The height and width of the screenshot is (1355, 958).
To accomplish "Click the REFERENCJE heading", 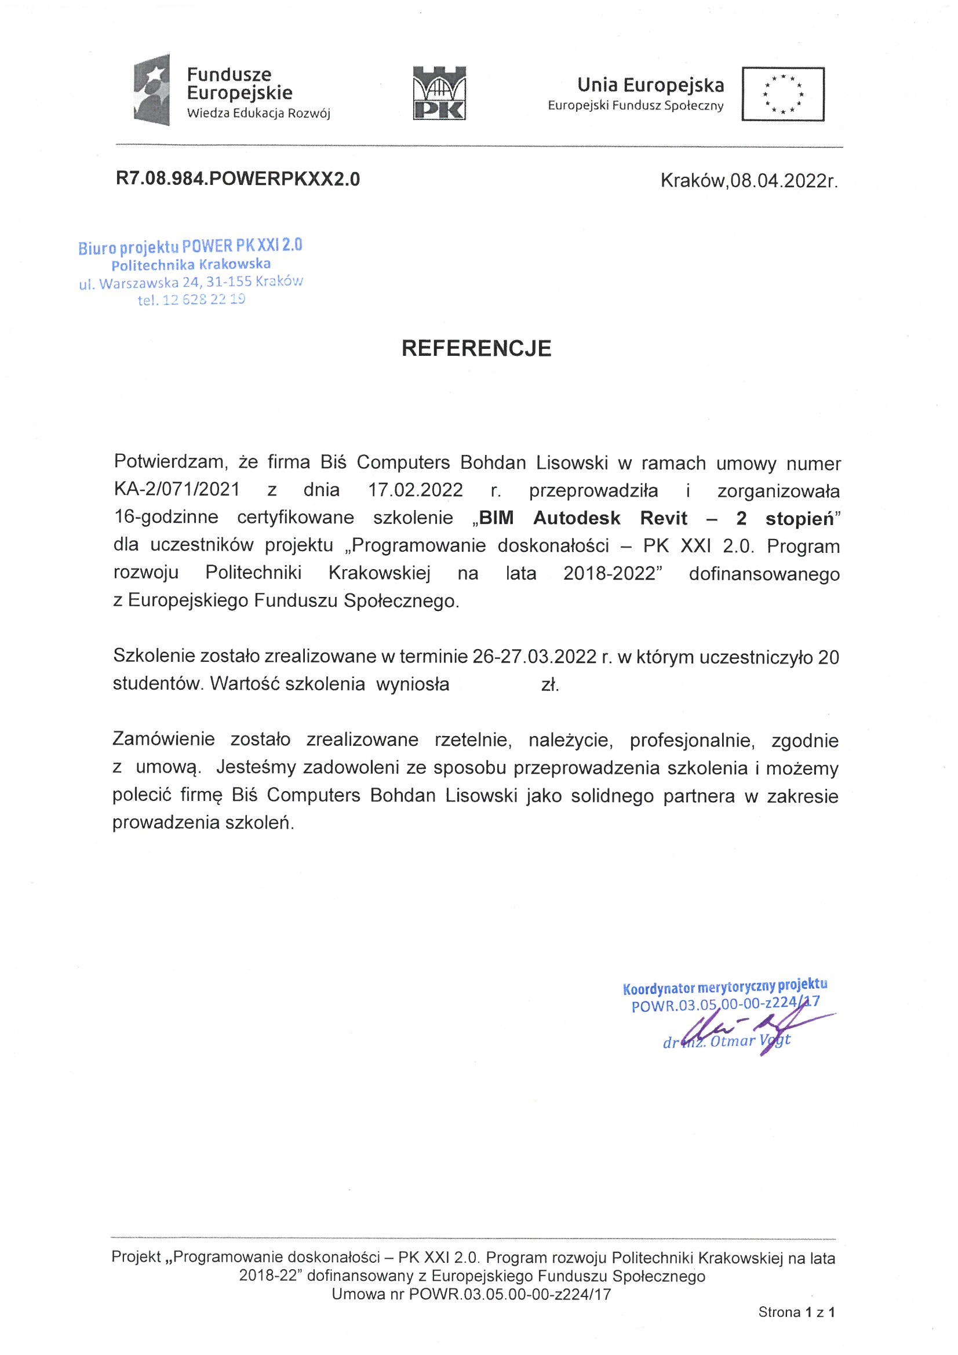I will click(476, 348).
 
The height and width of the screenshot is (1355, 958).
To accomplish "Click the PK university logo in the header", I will click(439, 93).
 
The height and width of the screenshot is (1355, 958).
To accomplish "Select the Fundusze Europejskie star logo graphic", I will click(152, 90).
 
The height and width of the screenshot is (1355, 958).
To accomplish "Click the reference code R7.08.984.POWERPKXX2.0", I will click(238, 180).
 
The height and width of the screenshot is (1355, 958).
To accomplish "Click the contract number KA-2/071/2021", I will click(177, 490).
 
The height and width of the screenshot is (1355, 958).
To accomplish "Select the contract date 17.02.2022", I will click(415, 490).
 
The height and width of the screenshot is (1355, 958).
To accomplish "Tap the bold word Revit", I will click(664, 518).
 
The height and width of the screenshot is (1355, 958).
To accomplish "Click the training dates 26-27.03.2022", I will click(535, 657).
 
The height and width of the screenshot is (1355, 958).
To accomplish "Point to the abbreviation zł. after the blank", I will click(550, 684).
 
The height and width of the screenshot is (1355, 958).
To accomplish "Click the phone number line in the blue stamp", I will click(191, 300).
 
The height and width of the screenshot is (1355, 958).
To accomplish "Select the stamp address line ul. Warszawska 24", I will click(191, 282).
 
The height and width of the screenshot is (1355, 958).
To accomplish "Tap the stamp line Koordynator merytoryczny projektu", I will click(725, 986).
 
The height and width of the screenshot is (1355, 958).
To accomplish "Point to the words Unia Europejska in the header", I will click(650, 86).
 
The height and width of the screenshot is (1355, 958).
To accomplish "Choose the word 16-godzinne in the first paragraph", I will click(166, 518).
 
